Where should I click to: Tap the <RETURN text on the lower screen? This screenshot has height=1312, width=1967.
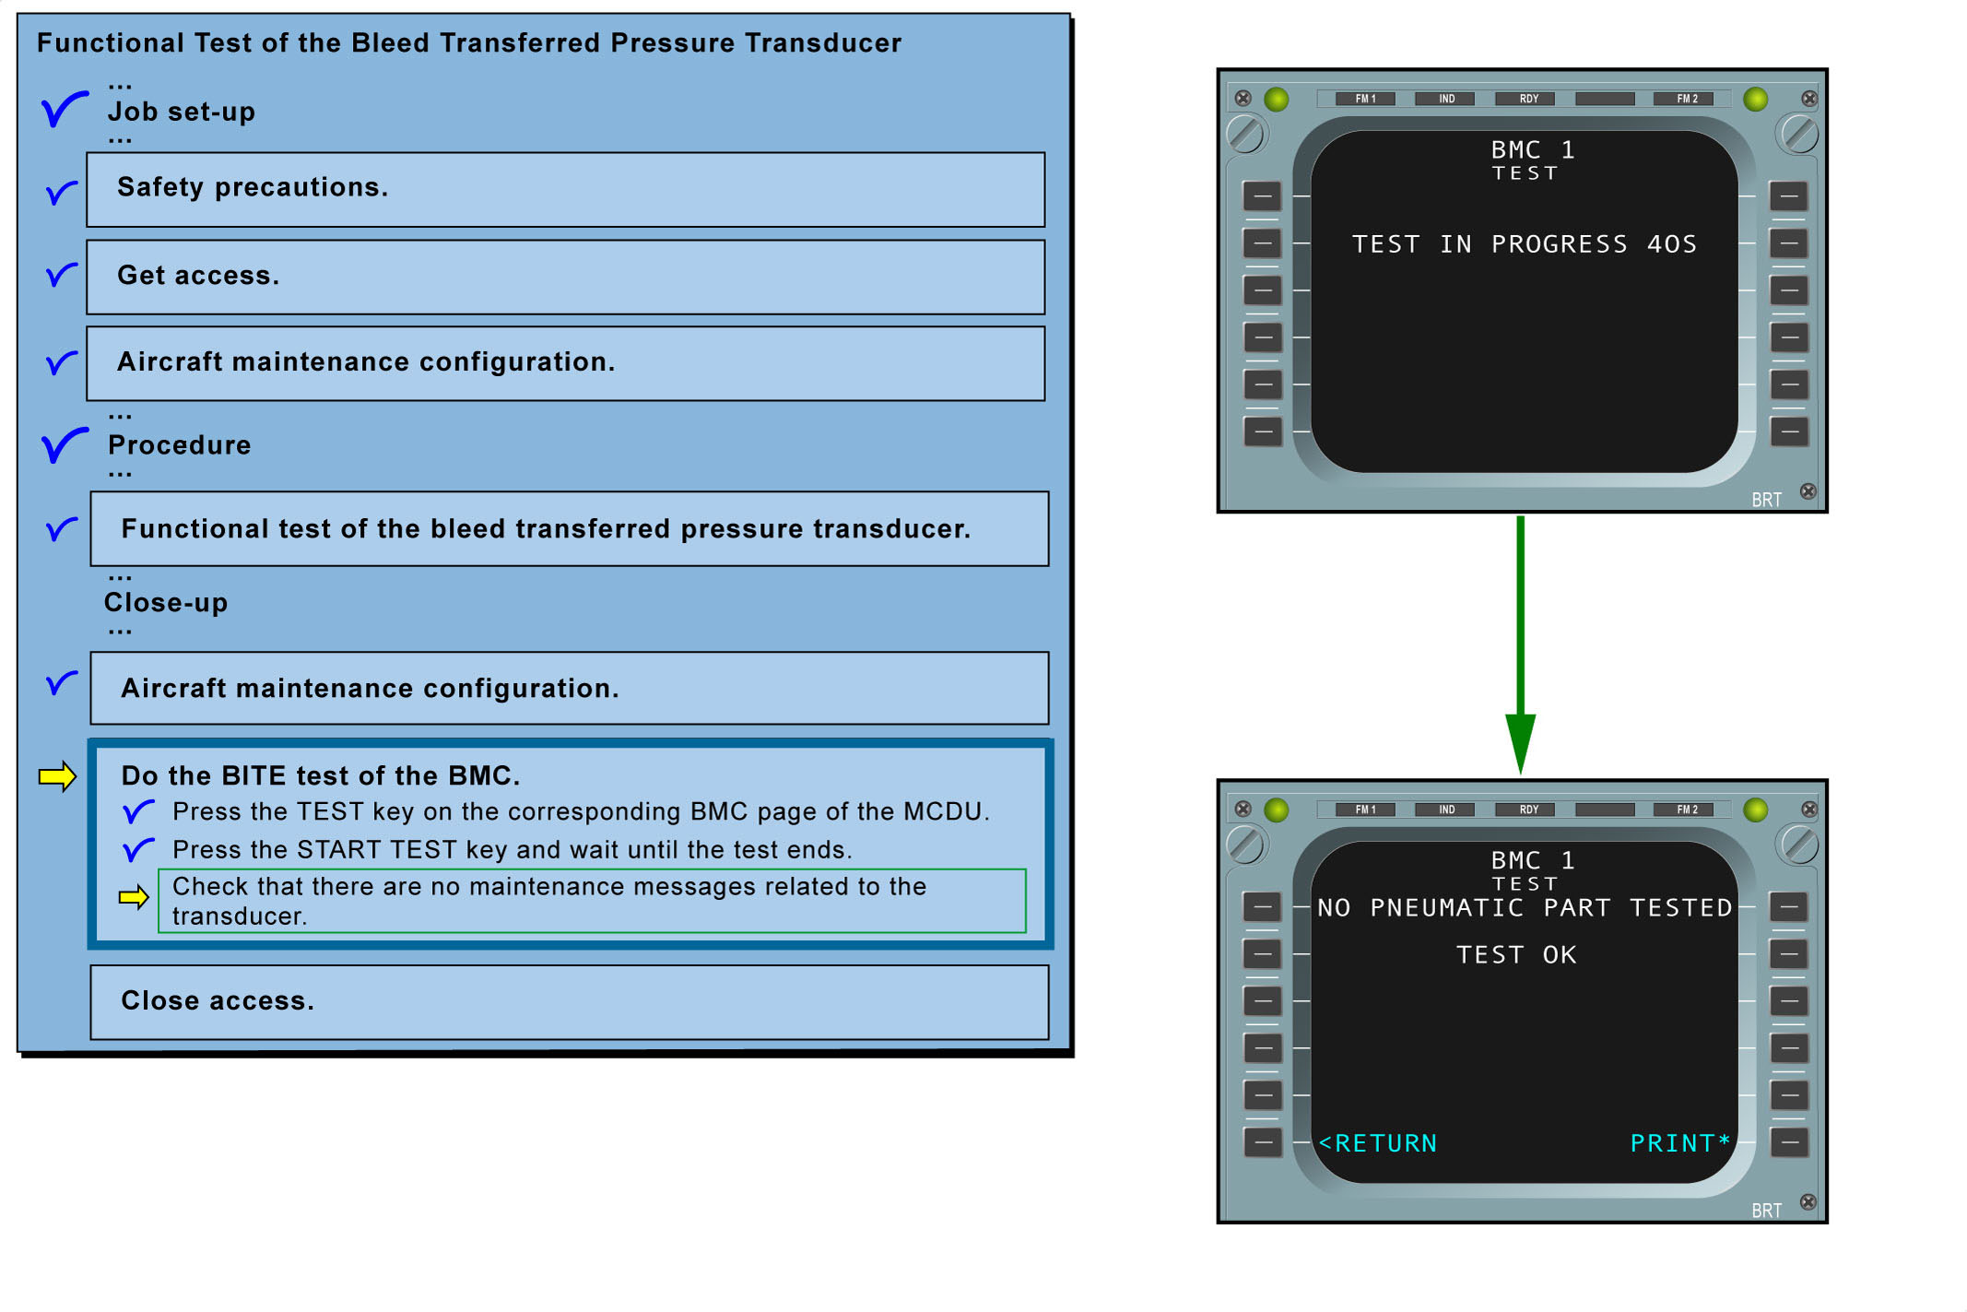point(1378,1143)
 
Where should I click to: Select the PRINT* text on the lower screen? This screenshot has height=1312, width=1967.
point(1679,1143)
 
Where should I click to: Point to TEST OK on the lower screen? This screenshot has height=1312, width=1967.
point(1516,955)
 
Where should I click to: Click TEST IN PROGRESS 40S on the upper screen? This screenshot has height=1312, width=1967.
point(1525,244)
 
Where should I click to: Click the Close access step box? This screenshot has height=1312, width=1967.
point(569,1001)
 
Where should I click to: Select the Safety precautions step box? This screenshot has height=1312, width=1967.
point(565,189)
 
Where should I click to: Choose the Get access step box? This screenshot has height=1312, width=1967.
point(565,277)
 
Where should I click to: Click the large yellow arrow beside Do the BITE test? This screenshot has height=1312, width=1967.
point(57,776)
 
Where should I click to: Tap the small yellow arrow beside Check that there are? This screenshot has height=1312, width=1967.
point(134,896)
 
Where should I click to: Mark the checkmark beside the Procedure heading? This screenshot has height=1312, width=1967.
point(65,445)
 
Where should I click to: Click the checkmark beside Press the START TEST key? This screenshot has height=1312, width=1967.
point(138,848)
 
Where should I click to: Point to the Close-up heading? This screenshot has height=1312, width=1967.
point(166,603)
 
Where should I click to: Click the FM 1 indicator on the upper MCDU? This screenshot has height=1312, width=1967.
point(1365,99)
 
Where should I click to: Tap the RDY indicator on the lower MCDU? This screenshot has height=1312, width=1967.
point(1528,810)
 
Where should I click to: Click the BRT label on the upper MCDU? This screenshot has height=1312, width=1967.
point(1766,500)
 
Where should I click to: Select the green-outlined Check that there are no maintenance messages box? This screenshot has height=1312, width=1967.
point(592,901)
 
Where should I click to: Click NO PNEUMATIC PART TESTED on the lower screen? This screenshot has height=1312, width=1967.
point(1525,908)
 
